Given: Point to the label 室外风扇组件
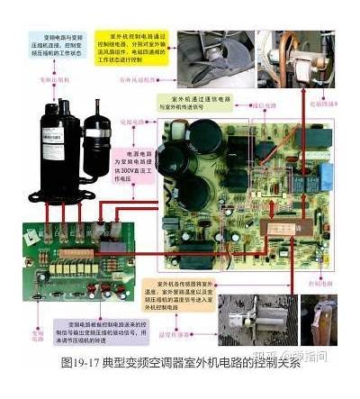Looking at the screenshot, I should tap(141, 80).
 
